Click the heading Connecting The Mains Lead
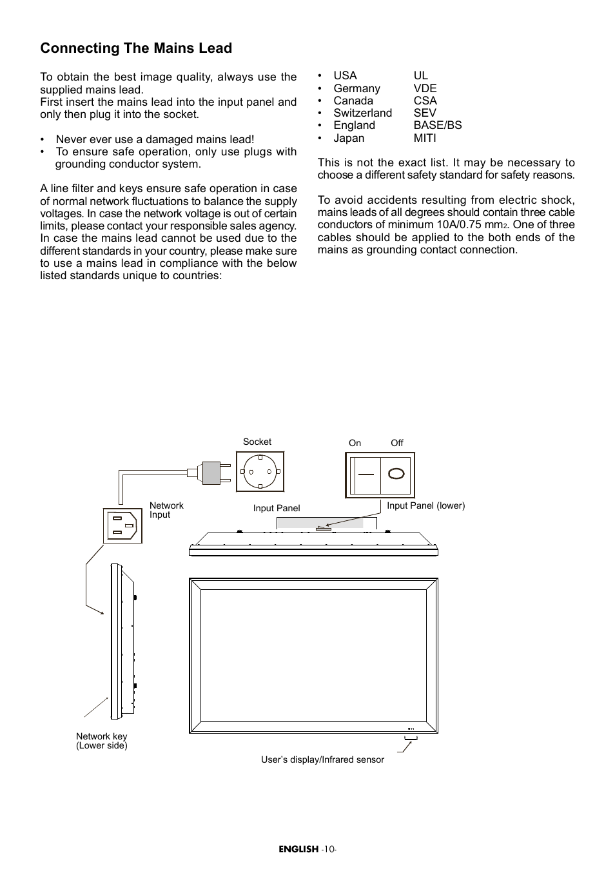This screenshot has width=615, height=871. tap(136, 48)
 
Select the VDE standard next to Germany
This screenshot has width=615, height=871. tap(425, 88)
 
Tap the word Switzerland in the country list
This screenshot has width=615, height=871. tap(362, 113)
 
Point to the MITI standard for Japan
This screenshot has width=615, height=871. tap(425, 138)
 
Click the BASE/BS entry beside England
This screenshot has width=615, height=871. tap(438, 125)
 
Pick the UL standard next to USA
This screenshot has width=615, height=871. tap(421, 75)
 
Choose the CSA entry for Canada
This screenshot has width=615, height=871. tap(425, 101)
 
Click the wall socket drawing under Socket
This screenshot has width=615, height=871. tap(260, 471)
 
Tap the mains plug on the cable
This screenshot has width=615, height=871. tap(210, 472)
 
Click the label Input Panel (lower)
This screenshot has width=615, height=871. tap(425, 505)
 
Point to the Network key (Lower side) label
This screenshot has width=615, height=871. tap(102, 741)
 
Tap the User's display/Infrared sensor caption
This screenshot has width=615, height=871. tap(322, 759)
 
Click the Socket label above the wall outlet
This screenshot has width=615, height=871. tap(257, 442)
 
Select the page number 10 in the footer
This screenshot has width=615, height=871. tap(329, 849)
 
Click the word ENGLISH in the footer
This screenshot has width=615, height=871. tap(298, 849)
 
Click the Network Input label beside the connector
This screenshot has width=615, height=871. tap(166, 510)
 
